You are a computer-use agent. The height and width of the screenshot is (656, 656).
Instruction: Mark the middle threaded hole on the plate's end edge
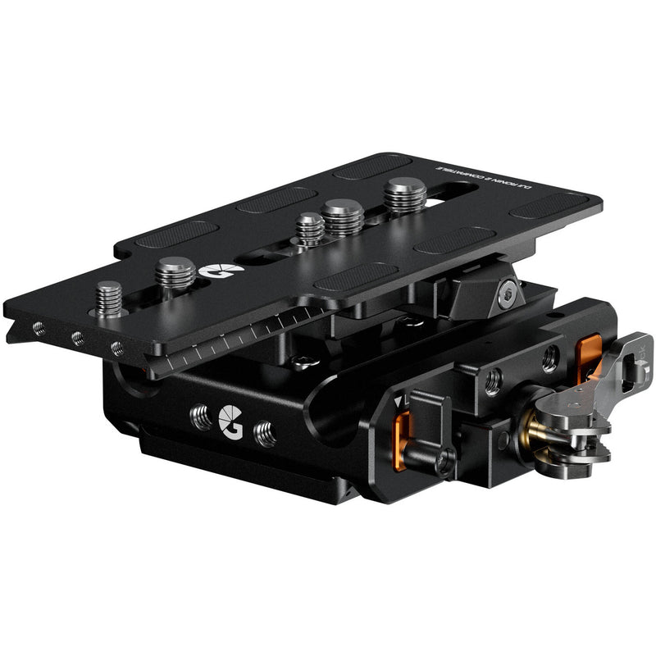[77, 338]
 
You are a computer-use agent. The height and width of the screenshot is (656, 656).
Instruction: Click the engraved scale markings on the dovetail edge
[230, 340]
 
